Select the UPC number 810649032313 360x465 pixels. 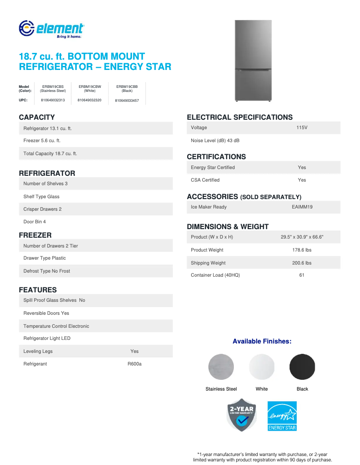click(53, 100)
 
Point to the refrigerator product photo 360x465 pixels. click(253, 61)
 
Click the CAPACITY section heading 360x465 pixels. click(37, 117)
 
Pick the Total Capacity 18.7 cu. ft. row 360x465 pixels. click(50, 153)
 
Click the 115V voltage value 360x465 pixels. click(302, 128)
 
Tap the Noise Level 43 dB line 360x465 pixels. click(215, 140)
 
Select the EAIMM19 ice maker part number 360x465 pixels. click(302, 207)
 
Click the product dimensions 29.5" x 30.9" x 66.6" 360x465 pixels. click(302, 237)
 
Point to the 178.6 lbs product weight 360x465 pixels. click(302, 250)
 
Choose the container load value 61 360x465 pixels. click(302, 275)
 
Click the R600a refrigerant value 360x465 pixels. click(134, 364)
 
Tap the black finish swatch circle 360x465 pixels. click(302, 367)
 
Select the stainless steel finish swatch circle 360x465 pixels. click(221, 367)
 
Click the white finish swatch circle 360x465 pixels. click(262, 367)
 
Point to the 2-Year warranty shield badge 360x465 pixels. click(241, 415)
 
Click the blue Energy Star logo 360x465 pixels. click(282, 416)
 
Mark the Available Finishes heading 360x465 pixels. click(262, 341)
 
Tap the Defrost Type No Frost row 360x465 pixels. click(47, 271)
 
